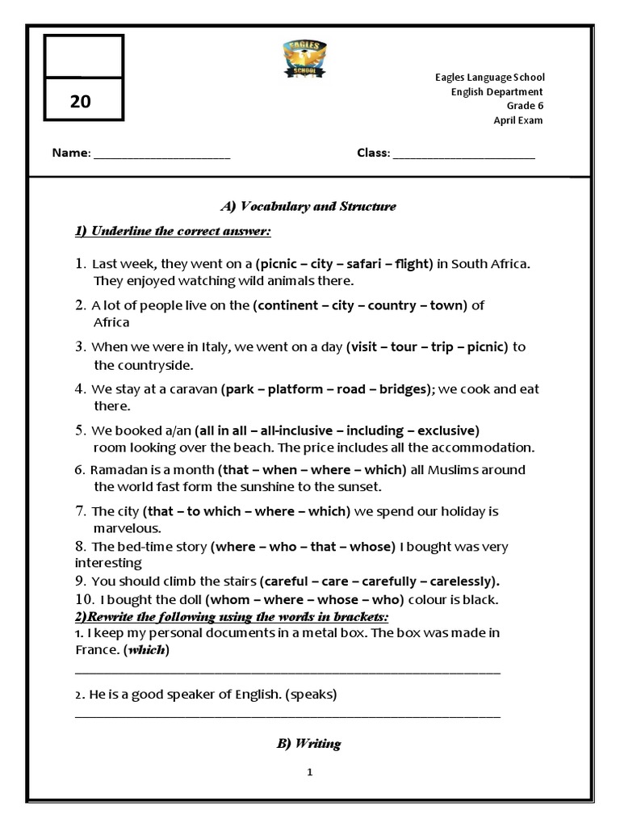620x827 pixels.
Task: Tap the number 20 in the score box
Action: point(81,102)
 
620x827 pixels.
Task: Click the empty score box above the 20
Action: point(83,57)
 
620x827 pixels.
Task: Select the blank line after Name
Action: point(161,154)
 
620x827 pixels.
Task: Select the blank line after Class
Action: point(463,154)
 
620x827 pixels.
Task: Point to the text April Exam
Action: point(518,120)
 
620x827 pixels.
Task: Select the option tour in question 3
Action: point(404,347)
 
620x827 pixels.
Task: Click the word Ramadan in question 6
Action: point(118,470)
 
